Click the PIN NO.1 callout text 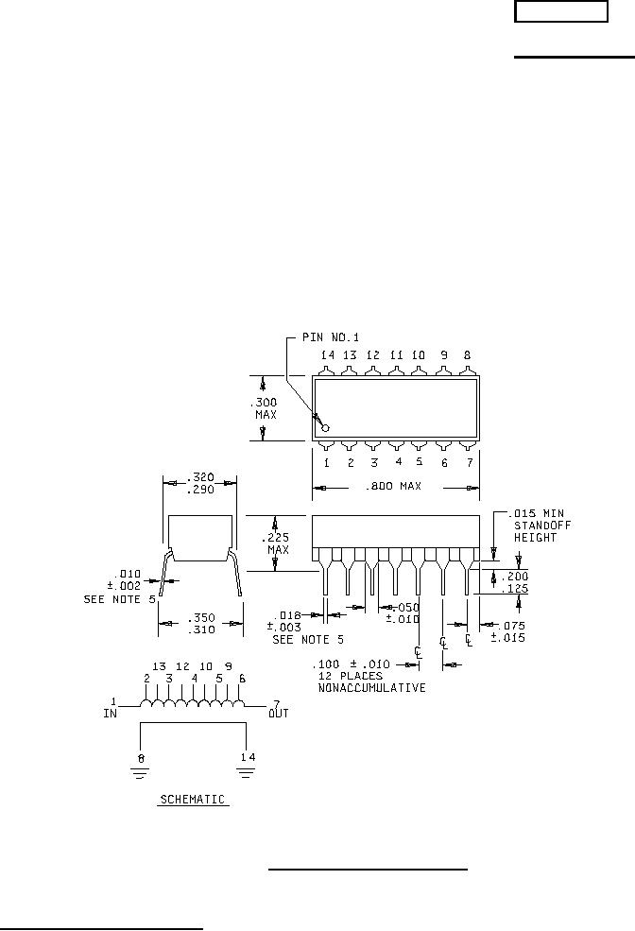pos(330,336)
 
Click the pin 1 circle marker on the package pos(325,427)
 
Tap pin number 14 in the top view pos(327,355)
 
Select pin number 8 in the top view pos(467,355)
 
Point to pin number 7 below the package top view pos(468,462)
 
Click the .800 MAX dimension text pos(394,486)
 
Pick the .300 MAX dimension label pos(266,407)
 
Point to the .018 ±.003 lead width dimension pos(289,620)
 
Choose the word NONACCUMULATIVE pos(371,688)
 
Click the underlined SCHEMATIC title pos(192,800)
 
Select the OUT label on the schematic pos(278,714)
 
